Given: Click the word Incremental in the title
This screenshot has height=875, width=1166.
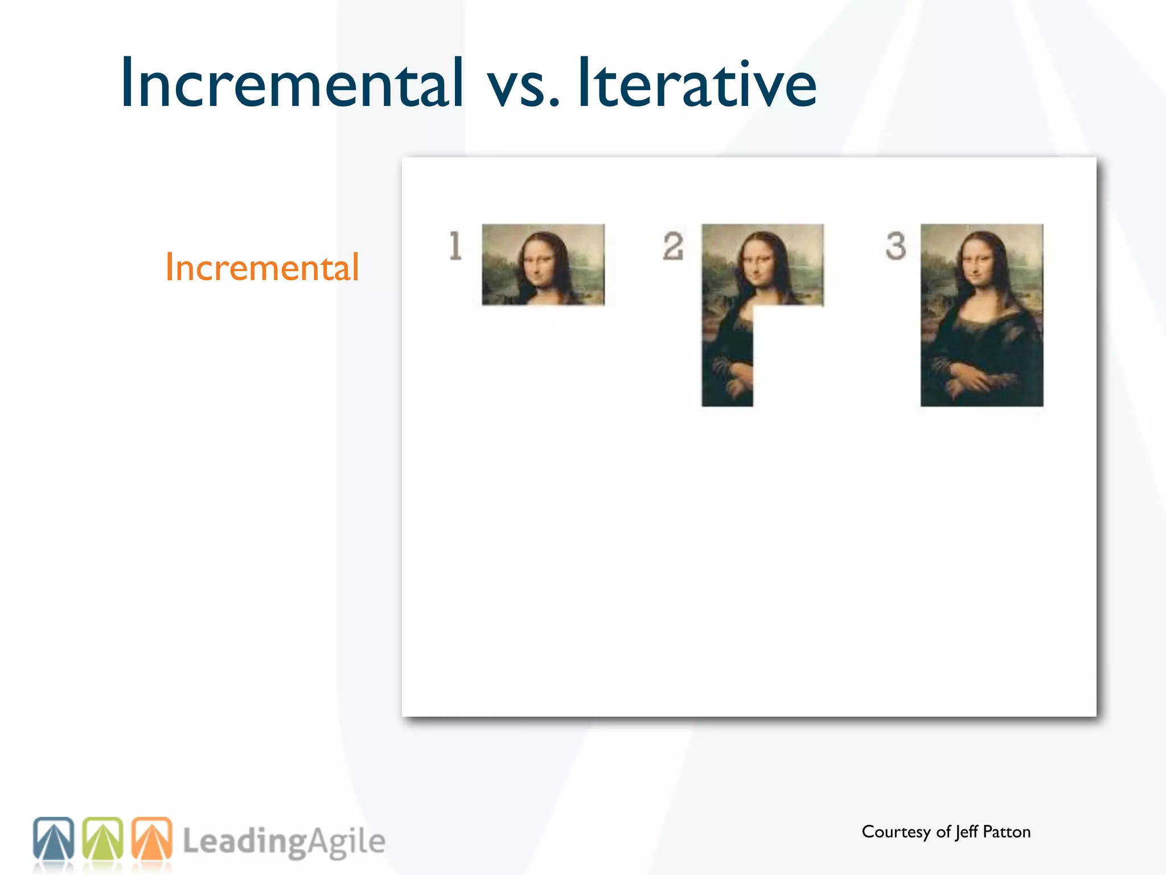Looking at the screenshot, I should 291,83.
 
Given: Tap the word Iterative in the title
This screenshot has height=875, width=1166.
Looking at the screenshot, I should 697,83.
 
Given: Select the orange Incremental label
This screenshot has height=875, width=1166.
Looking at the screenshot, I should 262,267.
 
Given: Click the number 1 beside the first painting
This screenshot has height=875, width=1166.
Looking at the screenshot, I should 455,246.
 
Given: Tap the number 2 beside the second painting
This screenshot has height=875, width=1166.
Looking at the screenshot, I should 673,246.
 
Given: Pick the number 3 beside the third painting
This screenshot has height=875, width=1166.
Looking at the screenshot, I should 896,246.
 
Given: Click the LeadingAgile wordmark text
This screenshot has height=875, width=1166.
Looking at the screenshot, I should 284,842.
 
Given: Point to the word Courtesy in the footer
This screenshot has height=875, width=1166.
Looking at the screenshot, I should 896,832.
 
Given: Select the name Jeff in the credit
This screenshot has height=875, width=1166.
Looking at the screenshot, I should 967,832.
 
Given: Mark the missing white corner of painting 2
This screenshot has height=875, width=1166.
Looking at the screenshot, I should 789,356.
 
